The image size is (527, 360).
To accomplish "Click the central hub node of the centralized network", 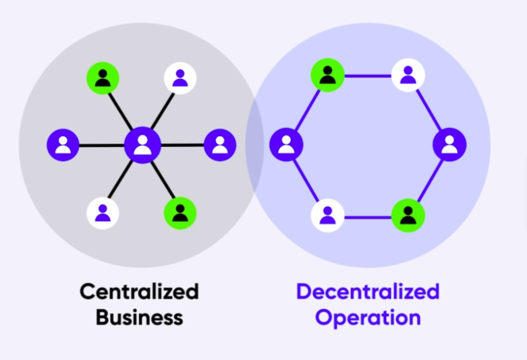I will pos(142,144).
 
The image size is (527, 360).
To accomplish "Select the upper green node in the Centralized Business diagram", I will pos(103,78).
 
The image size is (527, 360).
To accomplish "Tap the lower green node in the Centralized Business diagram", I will pos(180,213).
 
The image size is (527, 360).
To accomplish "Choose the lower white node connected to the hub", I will pos(103,213).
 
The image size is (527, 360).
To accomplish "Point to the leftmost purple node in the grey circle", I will pos(63,144).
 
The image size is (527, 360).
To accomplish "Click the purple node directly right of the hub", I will pos(219,144).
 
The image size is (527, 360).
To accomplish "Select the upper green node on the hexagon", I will pos(327,75).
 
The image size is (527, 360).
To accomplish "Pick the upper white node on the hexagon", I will pos(408,75).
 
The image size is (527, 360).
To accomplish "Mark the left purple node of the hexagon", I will pos(286,144).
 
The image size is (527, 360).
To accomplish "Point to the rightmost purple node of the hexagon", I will pos(449,144).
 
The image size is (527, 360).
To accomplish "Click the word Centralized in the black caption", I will pos(139,292).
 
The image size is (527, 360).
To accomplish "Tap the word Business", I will pos(139,317).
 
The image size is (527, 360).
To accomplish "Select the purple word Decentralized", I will pos(368,292).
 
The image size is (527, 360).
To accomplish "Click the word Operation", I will pos(368,317).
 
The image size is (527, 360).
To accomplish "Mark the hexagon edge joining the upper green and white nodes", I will pos(368,76).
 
